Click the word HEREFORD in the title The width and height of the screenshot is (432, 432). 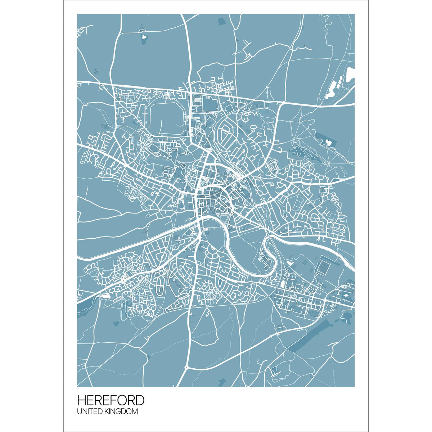point(111,400)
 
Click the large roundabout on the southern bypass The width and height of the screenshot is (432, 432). point(186,368)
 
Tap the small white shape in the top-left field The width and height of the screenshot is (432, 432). point(143,37)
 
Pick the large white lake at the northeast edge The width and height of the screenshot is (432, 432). point(350,74)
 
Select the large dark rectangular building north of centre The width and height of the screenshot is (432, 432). point(209,105)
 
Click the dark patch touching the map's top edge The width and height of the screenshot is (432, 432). point(221,21)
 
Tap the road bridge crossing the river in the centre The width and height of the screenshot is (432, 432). point(199,220)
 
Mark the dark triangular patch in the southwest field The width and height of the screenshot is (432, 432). point(116,324)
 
